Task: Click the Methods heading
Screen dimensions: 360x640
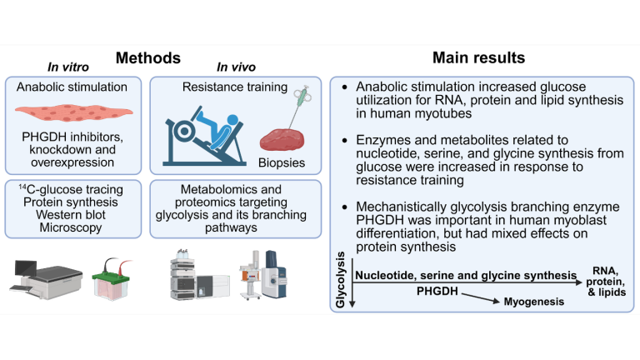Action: tap(148, 57)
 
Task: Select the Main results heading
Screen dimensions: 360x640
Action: tap(478, 57)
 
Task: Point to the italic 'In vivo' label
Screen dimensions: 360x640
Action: tap(236, 66)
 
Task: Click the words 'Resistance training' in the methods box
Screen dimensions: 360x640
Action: tap(235, 86)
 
